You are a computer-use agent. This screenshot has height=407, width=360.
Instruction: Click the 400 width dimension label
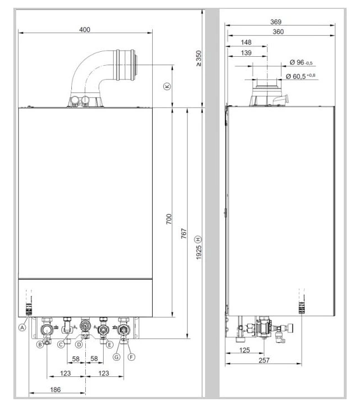[85, 30]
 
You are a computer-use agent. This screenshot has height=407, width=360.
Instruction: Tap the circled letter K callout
[167, 86]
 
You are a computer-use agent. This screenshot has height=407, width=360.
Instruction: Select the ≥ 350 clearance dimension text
[198, 58]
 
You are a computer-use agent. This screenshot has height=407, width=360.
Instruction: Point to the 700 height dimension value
[169, 219]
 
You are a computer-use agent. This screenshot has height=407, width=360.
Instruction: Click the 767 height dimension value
[184, 233]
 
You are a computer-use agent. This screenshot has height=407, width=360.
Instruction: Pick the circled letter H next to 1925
[198, 239]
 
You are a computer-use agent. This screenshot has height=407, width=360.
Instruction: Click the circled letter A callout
[22, 327]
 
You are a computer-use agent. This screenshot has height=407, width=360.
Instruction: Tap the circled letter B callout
[40, 345]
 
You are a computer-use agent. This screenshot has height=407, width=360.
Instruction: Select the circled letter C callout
[61, 345]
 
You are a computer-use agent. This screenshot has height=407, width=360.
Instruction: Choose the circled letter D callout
[79, 345]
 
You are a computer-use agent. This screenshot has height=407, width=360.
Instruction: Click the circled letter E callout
[110, 345]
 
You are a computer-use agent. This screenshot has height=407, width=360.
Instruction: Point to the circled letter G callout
[116, 357]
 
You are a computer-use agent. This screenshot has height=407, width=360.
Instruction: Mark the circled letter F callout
[132, 357]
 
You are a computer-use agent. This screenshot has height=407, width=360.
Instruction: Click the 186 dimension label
[55, 390]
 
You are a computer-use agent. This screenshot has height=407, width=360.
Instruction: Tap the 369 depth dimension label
[276, 22]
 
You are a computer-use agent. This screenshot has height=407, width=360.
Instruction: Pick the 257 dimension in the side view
[264, 360]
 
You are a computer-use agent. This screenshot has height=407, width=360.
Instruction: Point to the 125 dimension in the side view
[245, 350]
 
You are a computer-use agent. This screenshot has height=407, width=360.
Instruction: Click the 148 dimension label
[246, 42]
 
